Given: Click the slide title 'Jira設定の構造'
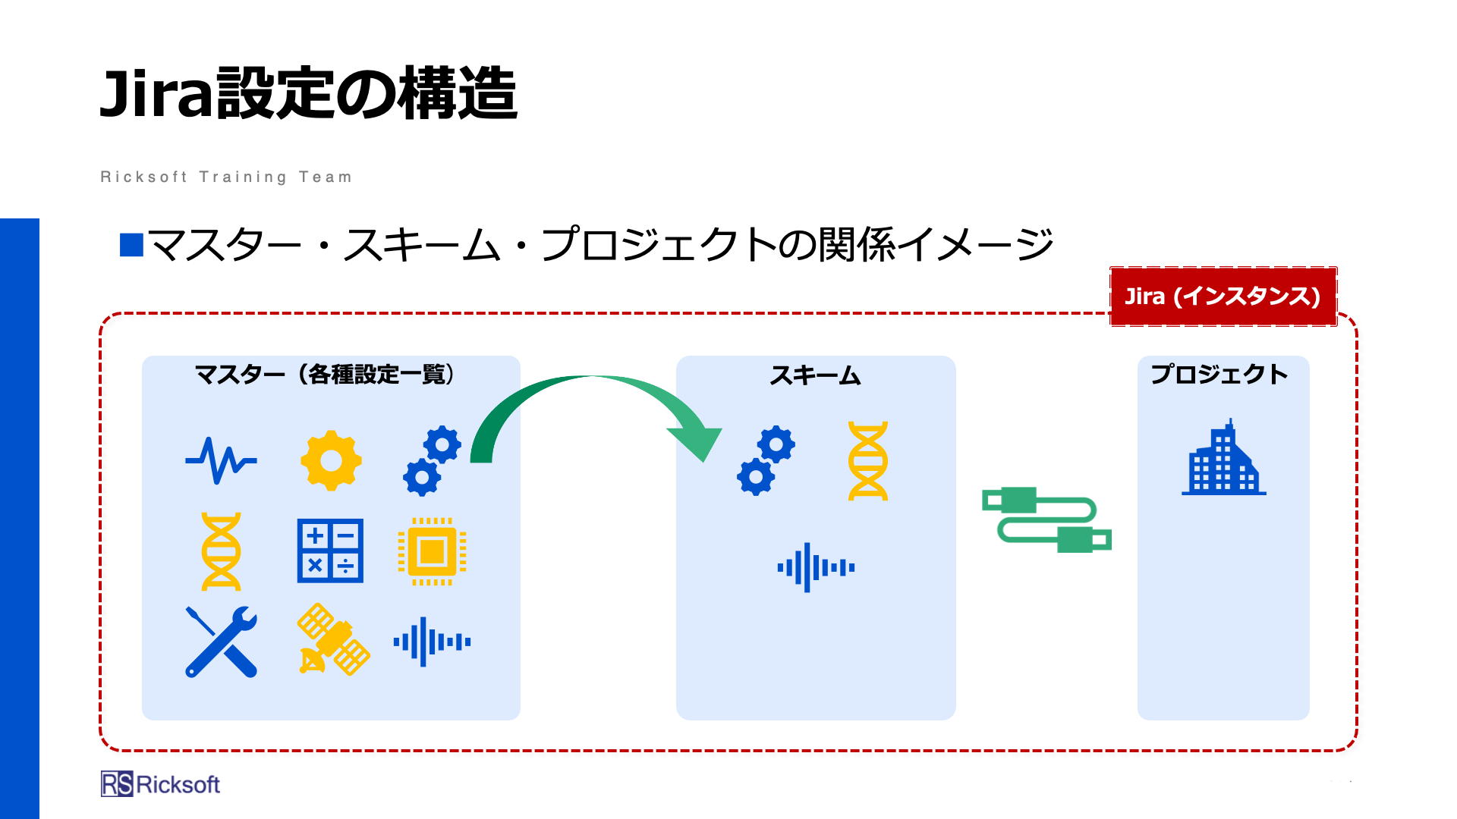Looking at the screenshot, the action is click(x=308, y=93).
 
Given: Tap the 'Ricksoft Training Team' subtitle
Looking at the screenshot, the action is click(x=226, y=177).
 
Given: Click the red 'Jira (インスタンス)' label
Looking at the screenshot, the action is click(x=1223, y=296).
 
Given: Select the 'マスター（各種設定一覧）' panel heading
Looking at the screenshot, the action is click(x=325, y=374).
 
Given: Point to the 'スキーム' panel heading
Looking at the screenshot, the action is click(x=815, y=375).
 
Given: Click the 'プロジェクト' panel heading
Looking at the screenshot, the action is click(x=1219, y=374).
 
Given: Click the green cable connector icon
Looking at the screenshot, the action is click(x=1046, y=519).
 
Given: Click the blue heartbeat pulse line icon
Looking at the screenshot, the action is click(x=221, y=460).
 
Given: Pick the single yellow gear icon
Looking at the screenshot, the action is click(x=331, y=460).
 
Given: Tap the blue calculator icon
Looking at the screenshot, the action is click(x=330, y=551).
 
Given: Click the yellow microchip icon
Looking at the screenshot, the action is click(x=432, y=551).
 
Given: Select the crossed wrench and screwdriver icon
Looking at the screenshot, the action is click(x=222, y=642).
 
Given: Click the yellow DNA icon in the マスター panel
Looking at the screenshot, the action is click(x=221, y=551).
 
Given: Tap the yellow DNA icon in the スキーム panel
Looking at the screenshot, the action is click(x=867, y=461).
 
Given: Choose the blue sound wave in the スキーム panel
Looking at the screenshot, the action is click(x=816, y=567).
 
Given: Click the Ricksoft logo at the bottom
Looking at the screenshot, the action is click(x=160, y=784).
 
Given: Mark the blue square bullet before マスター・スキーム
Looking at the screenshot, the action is click(x=131, y=245).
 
